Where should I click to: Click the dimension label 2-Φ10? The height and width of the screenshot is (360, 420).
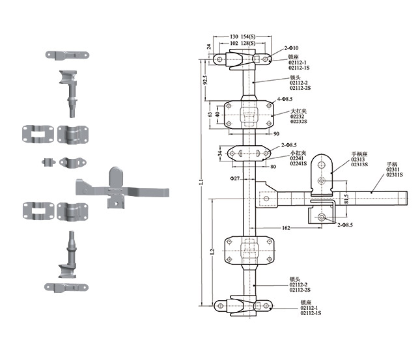292,49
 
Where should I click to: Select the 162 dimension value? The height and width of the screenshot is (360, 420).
287,228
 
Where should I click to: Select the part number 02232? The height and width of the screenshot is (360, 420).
297,117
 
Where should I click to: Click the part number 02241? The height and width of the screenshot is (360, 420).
297,158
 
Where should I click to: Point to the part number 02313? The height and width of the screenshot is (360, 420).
359,159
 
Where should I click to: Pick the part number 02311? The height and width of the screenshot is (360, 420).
394,169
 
